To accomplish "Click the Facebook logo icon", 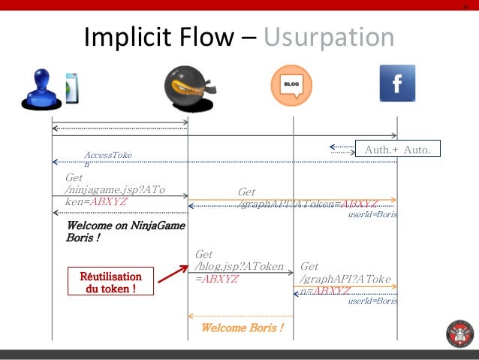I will (397, 83).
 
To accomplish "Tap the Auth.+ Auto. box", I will (397, 150).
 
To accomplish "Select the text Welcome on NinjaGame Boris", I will (125, 231).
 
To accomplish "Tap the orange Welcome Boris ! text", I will (243, 328).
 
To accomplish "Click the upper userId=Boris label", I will (372, 215).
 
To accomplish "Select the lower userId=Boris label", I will (372, 301).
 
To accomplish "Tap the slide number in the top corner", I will (465, 8).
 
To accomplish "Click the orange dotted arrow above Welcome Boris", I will (240, 316).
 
